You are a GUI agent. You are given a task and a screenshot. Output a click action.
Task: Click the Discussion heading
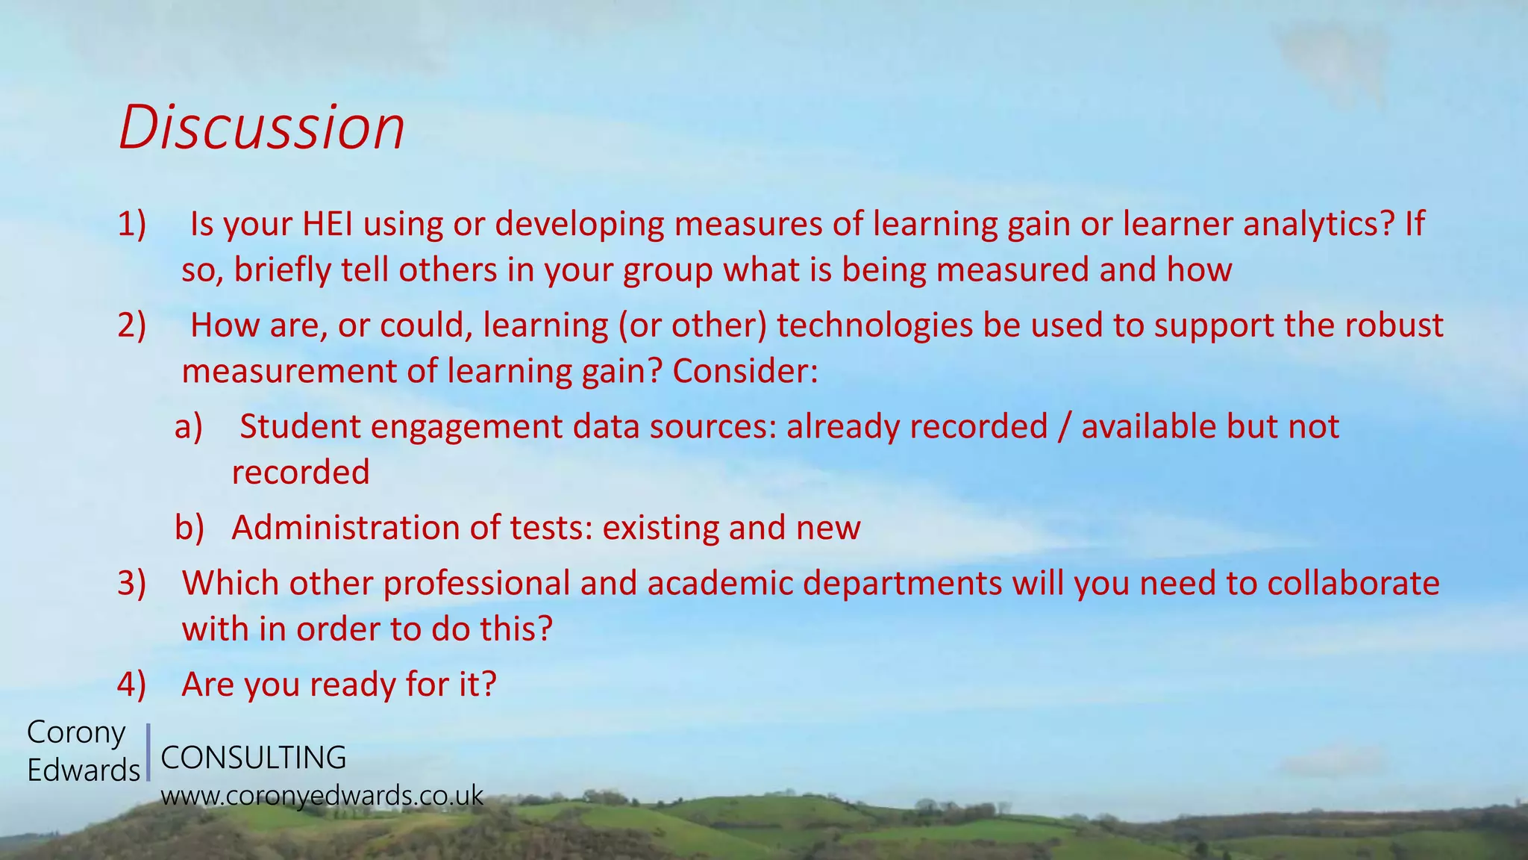pos(261,128)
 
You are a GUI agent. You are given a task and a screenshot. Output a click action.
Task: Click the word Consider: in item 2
pos(745,371)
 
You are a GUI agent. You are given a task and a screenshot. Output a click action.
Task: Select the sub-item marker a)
pos(189,427)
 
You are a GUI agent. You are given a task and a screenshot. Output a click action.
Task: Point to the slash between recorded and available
pos(1064,427)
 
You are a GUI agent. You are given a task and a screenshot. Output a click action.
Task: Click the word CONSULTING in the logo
pos(254,758)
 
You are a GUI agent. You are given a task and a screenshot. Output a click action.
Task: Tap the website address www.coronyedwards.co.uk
pos(322,796)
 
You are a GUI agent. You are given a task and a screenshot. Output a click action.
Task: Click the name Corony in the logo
pos(76,732)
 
